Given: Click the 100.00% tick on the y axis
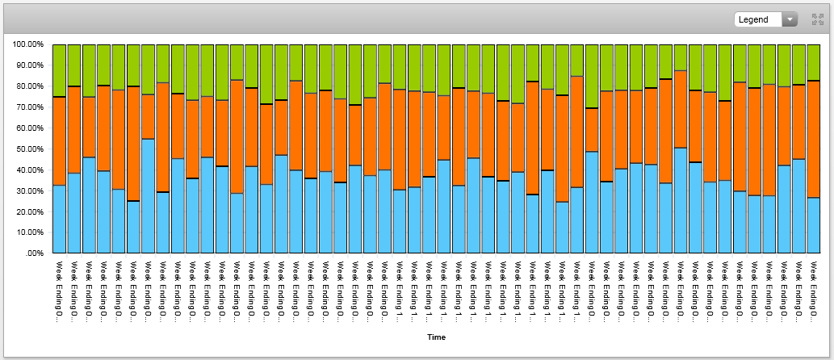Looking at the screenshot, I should point(29,44).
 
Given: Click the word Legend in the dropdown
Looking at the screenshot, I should point(753,19).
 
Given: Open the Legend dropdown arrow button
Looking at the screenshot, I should point(790,19).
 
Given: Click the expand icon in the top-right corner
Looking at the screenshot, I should point(817,19).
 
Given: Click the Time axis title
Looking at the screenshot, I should point(436,337).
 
